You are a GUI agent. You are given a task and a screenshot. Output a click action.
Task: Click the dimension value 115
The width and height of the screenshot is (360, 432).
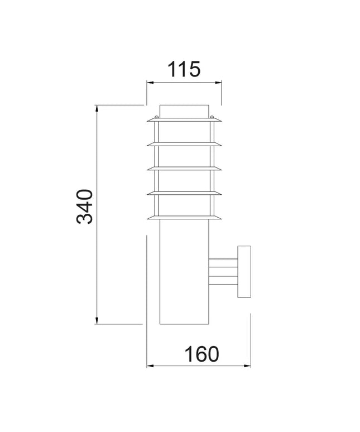click(184, 70)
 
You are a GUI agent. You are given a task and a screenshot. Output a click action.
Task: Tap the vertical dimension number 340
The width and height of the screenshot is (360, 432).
click(85, 207)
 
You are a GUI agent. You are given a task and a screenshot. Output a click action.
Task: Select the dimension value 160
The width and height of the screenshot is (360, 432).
click(201, 354)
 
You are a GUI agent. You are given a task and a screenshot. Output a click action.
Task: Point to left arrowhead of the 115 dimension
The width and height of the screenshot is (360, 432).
click(149, 83)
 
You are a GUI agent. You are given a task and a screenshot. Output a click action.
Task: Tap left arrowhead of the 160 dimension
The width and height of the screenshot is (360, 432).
click(149, 366)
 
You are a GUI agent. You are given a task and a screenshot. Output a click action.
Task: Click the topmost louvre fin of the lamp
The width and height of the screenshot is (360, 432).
click(184, 119)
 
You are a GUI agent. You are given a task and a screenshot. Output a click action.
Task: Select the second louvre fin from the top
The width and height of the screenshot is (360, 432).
click(184, 144)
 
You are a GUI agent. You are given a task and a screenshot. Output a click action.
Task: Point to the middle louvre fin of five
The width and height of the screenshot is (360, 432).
click(184, 169)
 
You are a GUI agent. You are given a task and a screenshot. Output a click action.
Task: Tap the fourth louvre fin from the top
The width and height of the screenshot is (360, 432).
click(184, 193)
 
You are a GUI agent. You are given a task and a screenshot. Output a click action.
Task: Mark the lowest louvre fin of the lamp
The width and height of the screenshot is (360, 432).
click(184, 218)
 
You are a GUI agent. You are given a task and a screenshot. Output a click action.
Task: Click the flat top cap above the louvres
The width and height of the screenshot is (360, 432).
click(184, 111)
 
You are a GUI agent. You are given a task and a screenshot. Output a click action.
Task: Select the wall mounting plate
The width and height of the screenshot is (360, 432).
click(244, 271)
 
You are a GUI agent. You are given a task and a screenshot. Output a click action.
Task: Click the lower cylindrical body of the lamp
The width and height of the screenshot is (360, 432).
click(184, 273)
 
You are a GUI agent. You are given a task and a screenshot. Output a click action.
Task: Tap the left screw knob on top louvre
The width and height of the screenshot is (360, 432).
click(156, 117)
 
